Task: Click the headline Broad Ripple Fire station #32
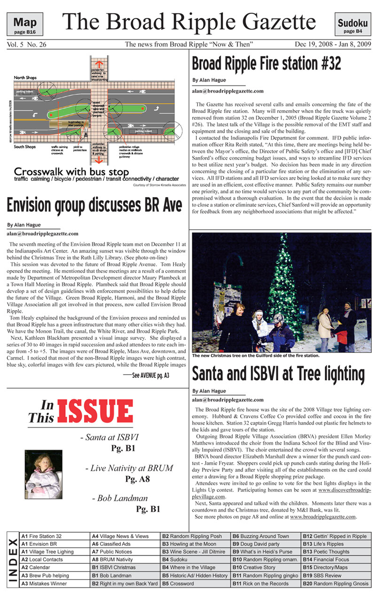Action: tap(266, 64)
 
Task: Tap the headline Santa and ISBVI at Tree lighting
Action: tap(278, 374)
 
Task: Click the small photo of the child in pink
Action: tap(43, 474)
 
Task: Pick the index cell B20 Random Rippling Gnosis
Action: tap(336, 584)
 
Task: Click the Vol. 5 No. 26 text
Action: tap(27, 45)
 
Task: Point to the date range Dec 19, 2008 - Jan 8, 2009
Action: tap(333, 45)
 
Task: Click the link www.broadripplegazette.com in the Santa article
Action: tap(323, 516)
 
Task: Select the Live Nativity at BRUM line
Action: tap(129, 468)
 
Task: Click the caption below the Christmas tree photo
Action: tap(256, 355)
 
